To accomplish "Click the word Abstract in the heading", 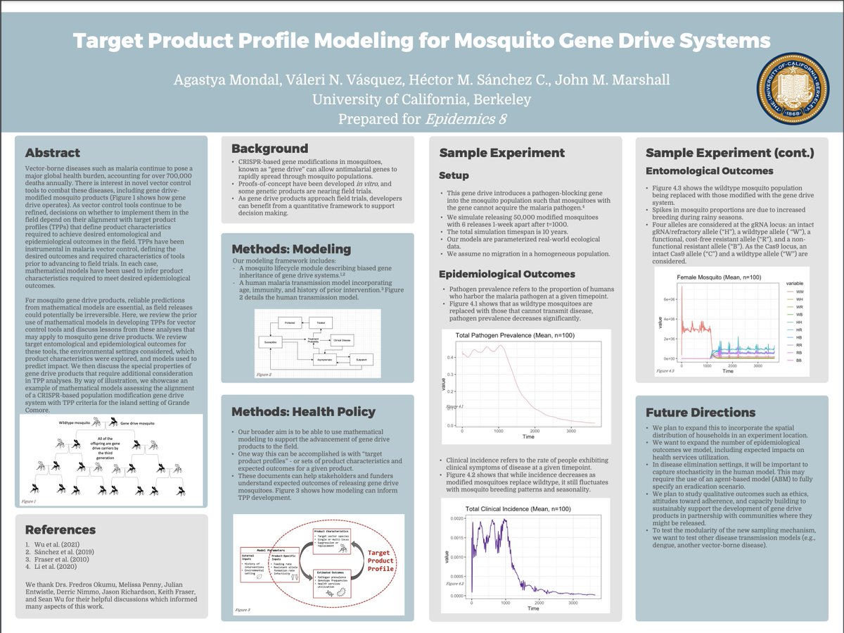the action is coord(53,153).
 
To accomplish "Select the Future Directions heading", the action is coord(701,412).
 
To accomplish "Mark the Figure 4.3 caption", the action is coord(665,370).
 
